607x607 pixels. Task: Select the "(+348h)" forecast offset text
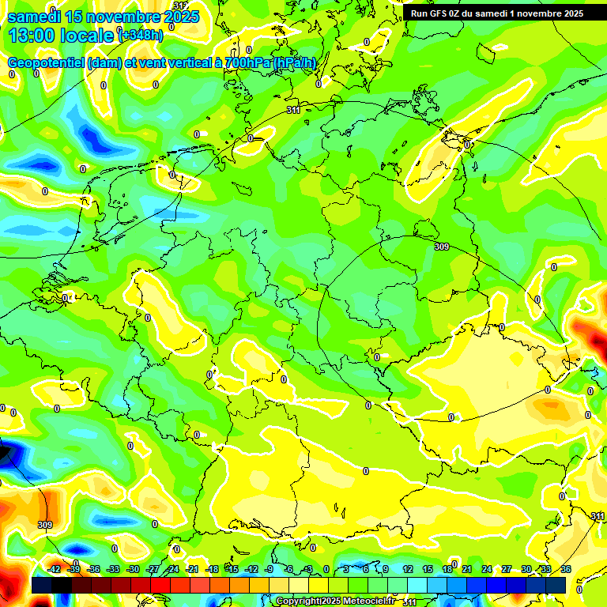click(x=141, y=35)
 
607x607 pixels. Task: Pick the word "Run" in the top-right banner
click(x=419, y=13)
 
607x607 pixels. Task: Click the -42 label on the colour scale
click(x=55, y=569)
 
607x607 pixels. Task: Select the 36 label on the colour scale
click(x=566, y=569)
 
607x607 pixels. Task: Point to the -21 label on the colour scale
click(x=192, y=569)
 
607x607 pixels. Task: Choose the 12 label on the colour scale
click(x=408, y=569)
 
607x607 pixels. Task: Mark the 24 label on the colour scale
click(x=487, y=569)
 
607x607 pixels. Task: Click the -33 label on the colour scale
click(x=113, y=569)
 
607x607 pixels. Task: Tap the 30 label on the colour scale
click(x=526, y=569)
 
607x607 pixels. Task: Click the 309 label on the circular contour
click(x=442, y=247)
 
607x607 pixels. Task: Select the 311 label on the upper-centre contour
click(x=293, y=111)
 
